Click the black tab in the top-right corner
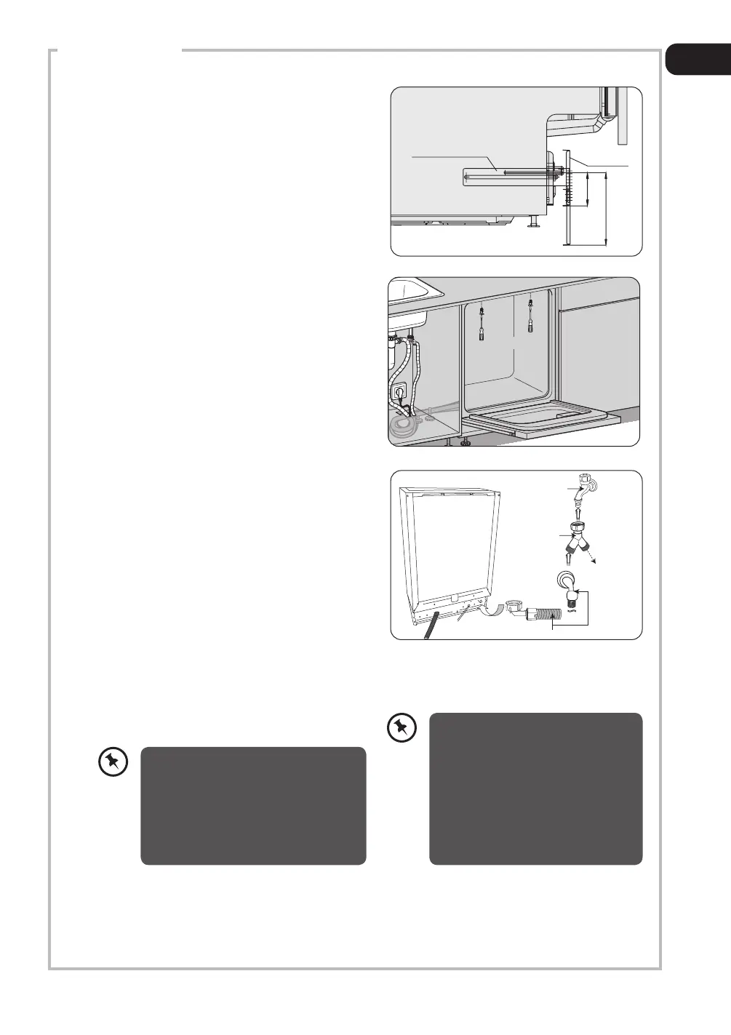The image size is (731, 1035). coord(698,60)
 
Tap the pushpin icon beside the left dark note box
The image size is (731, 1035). coord(113,762)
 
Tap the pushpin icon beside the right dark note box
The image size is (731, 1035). coord(401,728)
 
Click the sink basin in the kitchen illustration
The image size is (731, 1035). coord(415,290)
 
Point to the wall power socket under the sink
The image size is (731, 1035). coord(399,393)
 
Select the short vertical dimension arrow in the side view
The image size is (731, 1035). coord(586,190)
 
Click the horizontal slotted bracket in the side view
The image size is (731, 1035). coord(502,175)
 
